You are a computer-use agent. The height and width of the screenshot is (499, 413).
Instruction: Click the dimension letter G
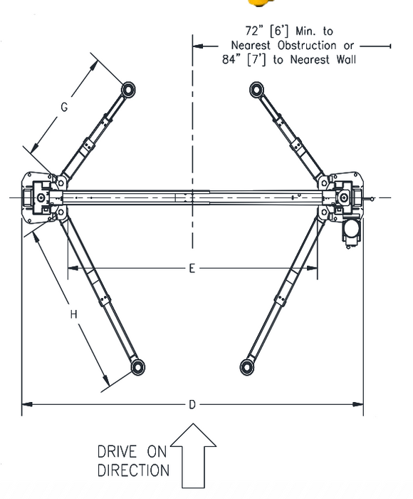pyautogui.click(x=64, y=108)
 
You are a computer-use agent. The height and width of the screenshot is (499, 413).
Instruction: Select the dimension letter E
pyautogui.click(x=192, y=269)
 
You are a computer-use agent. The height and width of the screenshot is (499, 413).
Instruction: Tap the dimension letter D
pyautogui.click(x=192, y=405)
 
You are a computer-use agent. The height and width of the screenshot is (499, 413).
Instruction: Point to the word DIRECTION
pyautogui.click(x=134, y=470)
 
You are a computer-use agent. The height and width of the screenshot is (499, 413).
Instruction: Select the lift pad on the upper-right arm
pyautogui.click(x=257, y=89)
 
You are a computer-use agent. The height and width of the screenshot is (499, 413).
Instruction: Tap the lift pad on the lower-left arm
pyautogui.click(x=137, y=366)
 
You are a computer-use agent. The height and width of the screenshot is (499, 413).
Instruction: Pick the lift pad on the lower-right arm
pyautogui.click(x=246, y=366)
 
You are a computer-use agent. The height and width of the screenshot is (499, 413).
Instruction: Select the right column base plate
pyautogui.click(x=347, y=196)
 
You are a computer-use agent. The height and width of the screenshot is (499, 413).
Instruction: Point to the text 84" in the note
pyautogui.click(x=234, y=59)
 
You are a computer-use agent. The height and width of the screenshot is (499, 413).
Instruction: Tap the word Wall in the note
pyautogui.click(x=341, y=59)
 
